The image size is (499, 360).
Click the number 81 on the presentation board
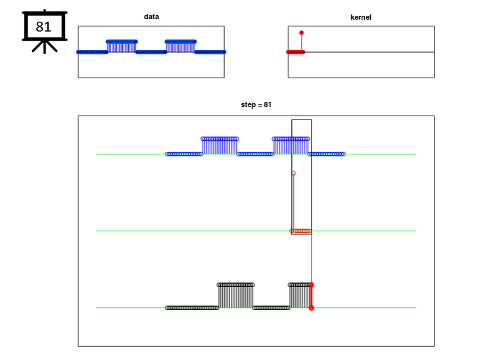click(x=43, y=27)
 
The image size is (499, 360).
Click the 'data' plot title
click(x=151, y=16)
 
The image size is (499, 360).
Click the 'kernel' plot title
click(x=361, y=17)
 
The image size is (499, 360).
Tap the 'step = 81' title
click(x=256, y=104)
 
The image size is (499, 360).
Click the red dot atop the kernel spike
click(x=301, y=33)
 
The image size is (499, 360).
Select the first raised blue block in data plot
click(x=122, y=47)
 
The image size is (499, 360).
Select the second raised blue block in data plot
click(x=181, y=47)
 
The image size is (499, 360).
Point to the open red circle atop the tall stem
click(x=294, y=173)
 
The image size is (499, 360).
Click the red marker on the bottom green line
click(x=311, y=308)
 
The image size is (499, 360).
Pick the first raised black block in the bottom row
click(x=236, y=296)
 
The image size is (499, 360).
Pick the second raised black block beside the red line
click(x=299, y=296)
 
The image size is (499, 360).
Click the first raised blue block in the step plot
click(x=220, y=146)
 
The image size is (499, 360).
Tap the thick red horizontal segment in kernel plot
click(x=296, y=52)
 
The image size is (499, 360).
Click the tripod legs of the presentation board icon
click(x=45, y=47)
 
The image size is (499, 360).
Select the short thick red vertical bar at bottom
click(x=312, y=296)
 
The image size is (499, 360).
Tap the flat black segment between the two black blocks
click(x=272, y=308)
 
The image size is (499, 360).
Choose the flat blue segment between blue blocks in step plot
click(x=255, y=154)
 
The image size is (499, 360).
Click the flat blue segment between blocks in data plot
click(x=151, y=52)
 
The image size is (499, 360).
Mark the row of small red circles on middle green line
click(x=300, y=231)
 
